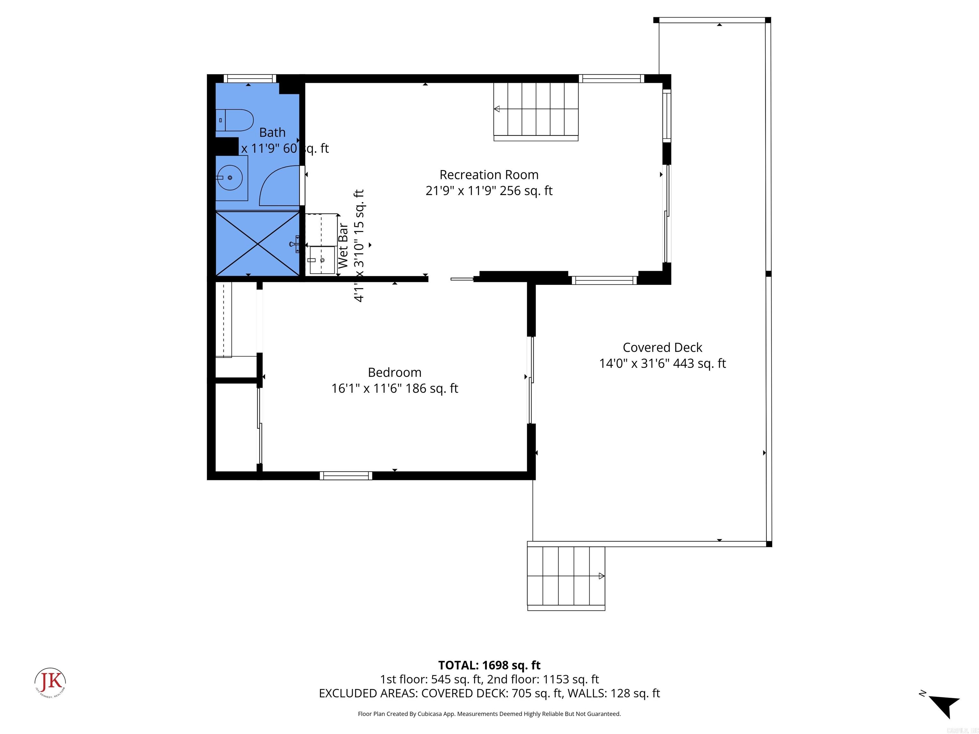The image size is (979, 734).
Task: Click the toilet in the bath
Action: [x=235, y=120]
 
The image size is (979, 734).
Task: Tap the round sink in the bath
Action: [x=230, y=178]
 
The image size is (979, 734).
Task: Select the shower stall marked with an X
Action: [x=257, y=243]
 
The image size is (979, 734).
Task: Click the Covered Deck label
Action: [x=662, y=347]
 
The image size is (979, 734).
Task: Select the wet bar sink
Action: [x=322, y=261]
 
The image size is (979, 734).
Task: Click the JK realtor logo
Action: [x=50, y=682]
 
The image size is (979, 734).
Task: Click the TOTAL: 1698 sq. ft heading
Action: [x=489, y=665]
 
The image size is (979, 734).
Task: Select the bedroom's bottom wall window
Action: [x=346, y=476]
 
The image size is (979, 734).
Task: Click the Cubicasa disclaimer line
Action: [x=489, y=714]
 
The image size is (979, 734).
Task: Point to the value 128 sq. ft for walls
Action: [x=635, y=693]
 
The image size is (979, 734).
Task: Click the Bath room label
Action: [x=272, y=132]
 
